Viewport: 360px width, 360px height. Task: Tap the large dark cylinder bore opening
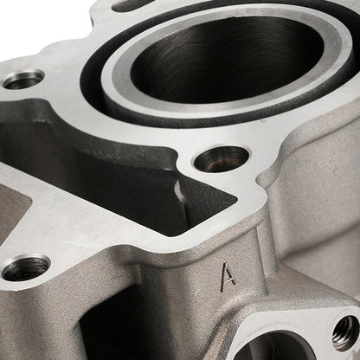[x=228, y=58]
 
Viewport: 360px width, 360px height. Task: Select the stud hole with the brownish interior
[x=222, y=158]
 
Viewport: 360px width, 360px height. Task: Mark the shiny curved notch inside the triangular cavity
[x=179, y=191]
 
